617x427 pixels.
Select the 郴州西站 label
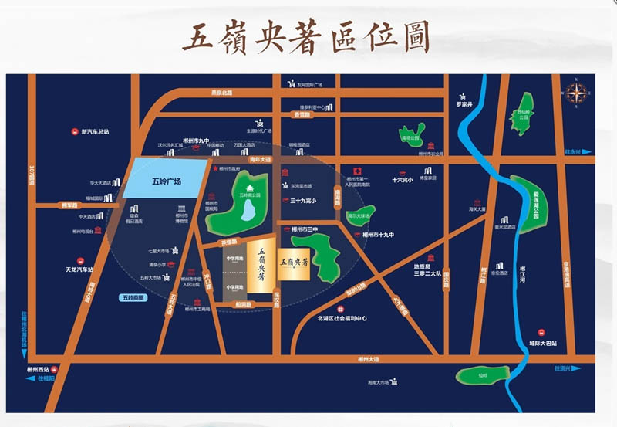pos(38,370)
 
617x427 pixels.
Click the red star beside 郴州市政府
pos(215,168)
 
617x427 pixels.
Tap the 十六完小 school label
pos(403,180)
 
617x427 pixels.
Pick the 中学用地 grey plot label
pos(234,258)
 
